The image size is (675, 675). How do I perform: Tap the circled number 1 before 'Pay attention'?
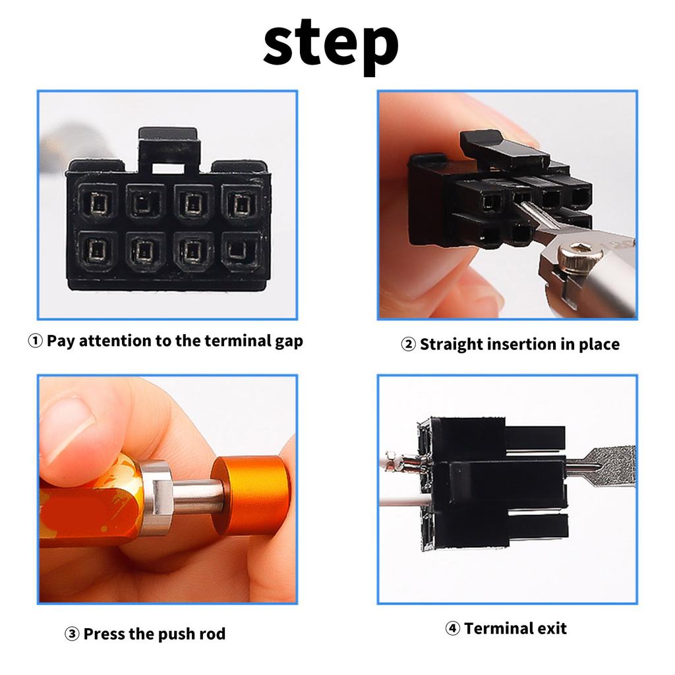(x=36, y=341)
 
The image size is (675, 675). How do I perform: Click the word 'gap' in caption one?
(x=289, y=342)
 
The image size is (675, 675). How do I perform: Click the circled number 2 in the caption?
(x=408, y=344)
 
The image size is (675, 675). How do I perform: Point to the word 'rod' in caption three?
(x=210, y=633)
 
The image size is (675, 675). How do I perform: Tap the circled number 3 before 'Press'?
(x=71, y=634)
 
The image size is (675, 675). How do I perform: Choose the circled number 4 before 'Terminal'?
(x=452, y=628)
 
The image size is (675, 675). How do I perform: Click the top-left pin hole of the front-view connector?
(x=98, y=203)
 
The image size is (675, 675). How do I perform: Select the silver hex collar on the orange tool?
(x=157, y=497)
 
